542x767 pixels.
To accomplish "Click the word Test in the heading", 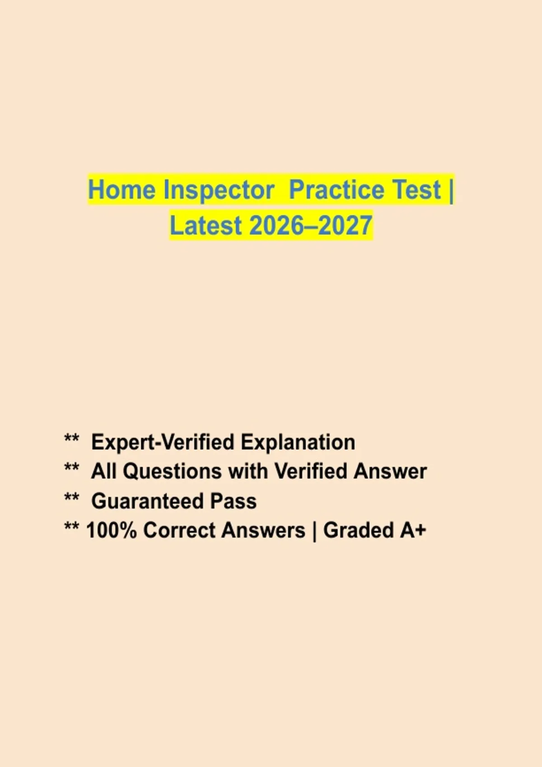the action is tap(416, 189).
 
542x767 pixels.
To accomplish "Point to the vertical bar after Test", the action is tap(451, 191).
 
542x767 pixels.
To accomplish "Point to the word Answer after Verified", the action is tap(390, 471).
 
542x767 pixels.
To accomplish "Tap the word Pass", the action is tap(234, 501).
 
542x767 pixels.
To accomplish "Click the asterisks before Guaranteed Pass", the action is tap(72, 498).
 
